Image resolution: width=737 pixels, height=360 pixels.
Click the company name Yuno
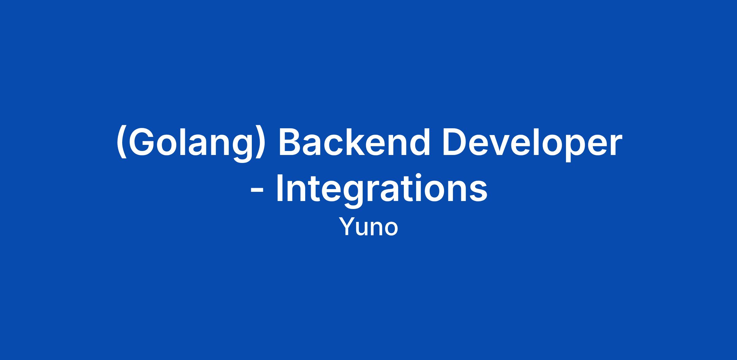[x=368, y=227]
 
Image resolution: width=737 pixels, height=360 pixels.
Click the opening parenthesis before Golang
[x=122, y=143]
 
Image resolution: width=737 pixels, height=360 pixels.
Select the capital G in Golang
[x=142, y=142]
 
